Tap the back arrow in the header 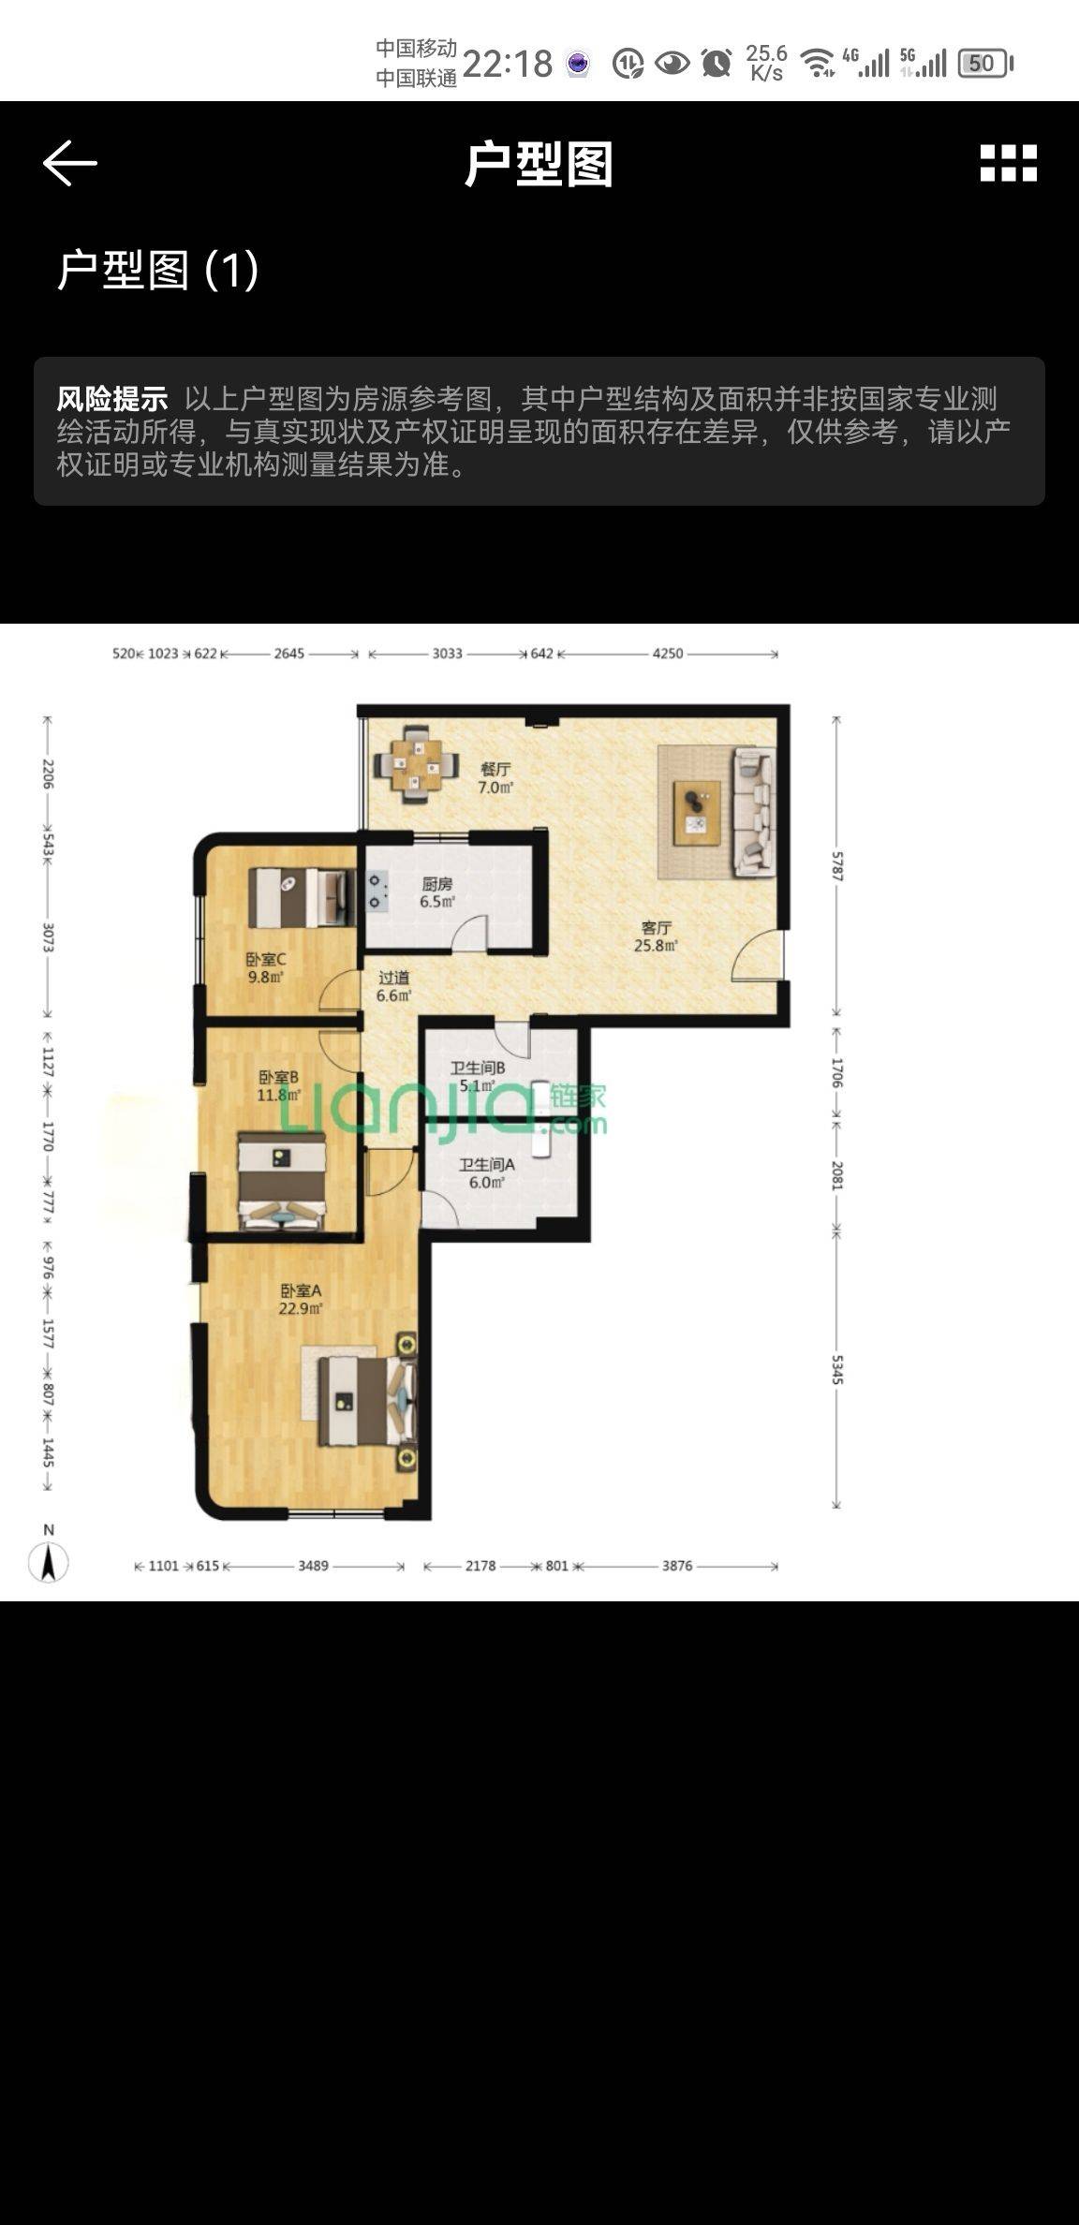coord(70,163)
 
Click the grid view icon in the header coord(1008,163)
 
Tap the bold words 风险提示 coord(111,399)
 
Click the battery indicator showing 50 coord(985,64)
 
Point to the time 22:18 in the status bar coord(508,64)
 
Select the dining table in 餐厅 coord(417,764)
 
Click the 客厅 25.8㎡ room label coord(656,936)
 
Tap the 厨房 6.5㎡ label coord(436,892)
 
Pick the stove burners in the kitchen coord(377,891)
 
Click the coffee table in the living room coord(698,812)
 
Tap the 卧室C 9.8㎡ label coord(266,968)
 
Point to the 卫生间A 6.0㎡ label coord(486,1172)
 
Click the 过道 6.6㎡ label coord(393,986)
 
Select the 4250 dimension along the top coord(668,654)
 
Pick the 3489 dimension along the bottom coord(313,1566)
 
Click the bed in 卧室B coord(281,1181)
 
